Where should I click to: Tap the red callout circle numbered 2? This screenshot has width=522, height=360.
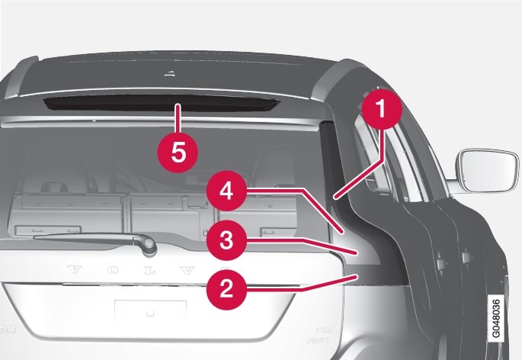(x=225, y=289)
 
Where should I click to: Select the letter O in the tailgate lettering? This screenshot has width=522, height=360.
(x=110, y=268)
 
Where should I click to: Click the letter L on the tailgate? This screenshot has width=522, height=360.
(x=146, y=269)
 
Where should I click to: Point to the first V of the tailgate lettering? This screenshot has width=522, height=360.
(x=74, y=268)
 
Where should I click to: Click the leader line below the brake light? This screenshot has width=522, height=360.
(x=177, y=121)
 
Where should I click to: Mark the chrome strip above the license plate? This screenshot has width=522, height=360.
(x=152, y=288)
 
